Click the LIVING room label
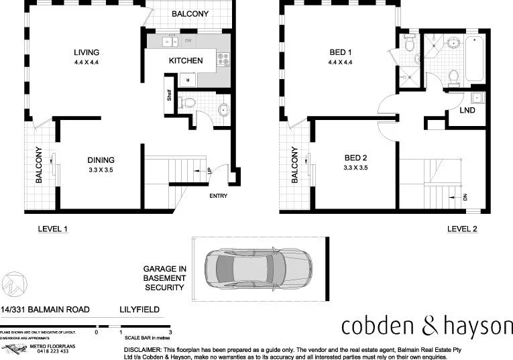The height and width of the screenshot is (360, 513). (87, 52)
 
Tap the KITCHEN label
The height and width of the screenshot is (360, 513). (186, 60)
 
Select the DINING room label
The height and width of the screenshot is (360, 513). (101, 160)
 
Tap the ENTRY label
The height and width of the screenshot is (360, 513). (219, 196)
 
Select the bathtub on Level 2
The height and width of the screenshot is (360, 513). (475, 60)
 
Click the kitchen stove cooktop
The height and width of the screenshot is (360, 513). (223, 59)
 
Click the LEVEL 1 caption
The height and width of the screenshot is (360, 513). (54, 229)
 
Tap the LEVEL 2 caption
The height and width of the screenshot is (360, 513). (462, 229)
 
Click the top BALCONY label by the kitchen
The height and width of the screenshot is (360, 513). (190, 14)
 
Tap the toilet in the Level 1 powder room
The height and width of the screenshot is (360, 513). (190, 103)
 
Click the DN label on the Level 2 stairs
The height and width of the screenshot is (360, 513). (464, 197)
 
